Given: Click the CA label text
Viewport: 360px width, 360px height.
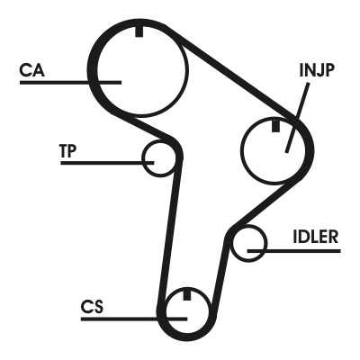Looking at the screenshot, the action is click(x=32, y=70).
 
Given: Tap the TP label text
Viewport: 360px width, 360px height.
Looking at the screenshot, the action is click(x=68, y=151).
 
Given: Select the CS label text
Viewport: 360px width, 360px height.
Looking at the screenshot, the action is click(x=92, y=307).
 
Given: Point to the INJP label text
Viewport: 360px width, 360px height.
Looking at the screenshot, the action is click(x=317, y=70).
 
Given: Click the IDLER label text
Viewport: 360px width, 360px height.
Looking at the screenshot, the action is click(x=316, y=237).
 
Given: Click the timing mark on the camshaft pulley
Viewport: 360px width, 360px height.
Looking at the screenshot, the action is click(x=139, y=31).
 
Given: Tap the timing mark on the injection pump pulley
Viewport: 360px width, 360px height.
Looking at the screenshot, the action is click(x=275, y=125).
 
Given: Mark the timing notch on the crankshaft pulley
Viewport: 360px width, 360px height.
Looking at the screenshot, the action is click(x=187, y=295).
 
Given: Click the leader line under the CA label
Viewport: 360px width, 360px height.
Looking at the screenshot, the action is click(x=70, y=82).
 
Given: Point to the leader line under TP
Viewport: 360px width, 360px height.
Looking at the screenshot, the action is click(x=107, y=163).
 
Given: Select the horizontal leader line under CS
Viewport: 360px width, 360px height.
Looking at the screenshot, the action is click(x=134, y=319).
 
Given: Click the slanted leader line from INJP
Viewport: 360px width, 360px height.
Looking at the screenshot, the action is click(x=297, y=118).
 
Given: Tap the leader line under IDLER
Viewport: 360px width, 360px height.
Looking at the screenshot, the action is click(x=294, y=251).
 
